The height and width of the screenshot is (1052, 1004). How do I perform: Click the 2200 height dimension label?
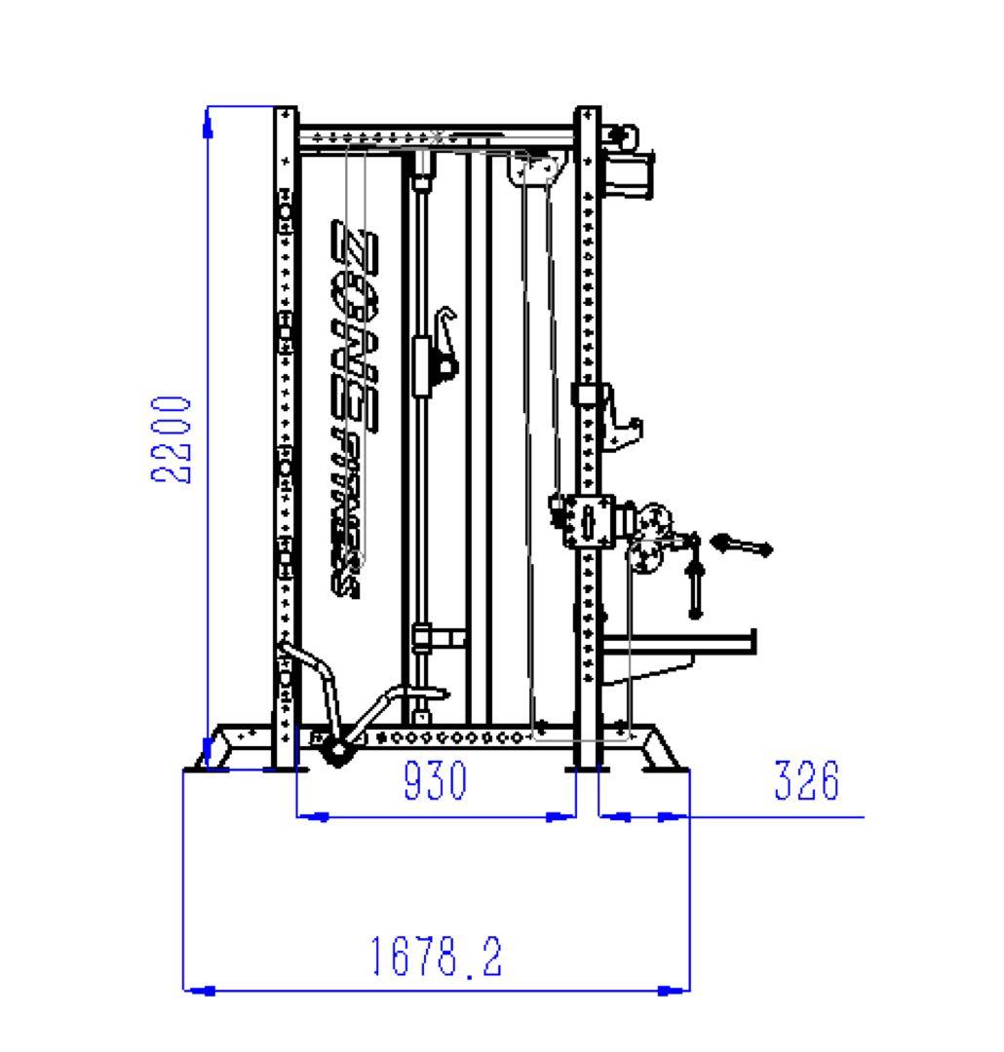[x=171, y=439]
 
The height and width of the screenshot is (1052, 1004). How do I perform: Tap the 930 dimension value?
[x=435, y=779]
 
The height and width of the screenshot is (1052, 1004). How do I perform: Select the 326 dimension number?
[x=806, y=779]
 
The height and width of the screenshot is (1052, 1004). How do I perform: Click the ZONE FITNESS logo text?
[x=354, y=408]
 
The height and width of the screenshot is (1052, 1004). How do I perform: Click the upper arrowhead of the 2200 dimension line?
[x=208, y=124]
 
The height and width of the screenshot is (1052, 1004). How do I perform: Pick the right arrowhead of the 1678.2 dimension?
[x=674, y=990]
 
